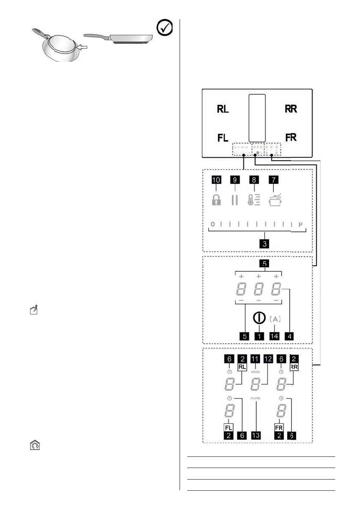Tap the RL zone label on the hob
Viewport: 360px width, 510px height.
pos(223,109)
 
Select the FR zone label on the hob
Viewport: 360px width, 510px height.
pos(291,137)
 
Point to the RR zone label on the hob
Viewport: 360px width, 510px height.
pos(291,109)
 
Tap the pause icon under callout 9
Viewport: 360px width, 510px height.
pos(234,200)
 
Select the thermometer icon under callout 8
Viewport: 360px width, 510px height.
pos(254,200)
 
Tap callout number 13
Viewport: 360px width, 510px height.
pos(256,435)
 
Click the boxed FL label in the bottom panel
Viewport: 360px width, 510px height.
pos(228,427)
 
